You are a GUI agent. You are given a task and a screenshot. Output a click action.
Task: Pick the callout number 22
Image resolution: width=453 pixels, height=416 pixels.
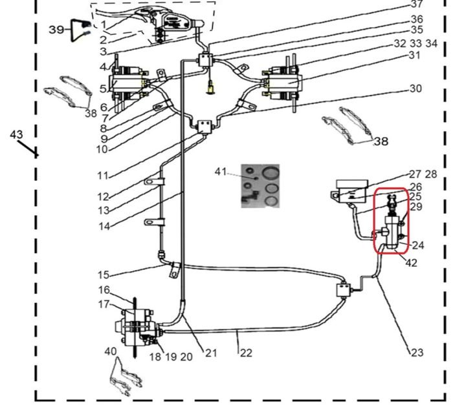point(245,353)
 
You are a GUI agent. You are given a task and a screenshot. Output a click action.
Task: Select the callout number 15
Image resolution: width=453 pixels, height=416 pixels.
point(104,275)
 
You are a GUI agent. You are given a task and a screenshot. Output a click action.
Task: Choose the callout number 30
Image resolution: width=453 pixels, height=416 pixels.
point(415,88)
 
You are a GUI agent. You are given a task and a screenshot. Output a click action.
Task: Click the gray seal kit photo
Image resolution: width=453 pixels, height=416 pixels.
point(258,185)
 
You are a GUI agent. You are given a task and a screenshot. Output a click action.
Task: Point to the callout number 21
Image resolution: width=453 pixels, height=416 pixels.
point(212,353)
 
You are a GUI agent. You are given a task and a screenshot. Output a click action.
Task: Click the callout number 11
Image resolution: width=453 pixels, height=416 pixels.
point(103,175)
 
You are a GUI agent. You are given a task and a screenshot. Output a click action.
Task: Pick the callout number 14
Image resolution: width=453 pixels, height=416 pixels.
point(104,226)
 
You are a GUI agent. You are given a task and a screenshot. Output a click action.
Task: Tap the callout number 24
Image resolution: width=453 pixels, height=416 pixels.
point(418,245)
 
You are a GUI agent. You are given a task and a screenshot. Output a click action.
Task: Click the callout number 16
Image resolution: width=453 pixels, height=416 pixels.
point(104,290)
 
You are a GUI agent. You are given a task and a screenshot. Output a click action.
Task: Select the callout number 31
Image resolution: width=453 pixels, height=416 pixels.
point(414,56)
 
